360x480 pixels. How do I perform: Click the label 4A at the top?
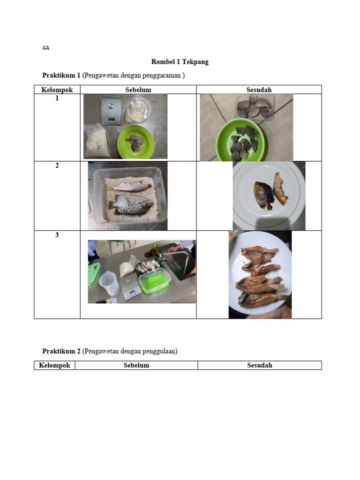click(45, 48)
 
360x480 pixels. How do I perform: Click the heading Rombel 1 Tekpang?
click(180, 62)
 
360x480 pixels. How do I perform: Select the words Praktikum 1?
click(61, 75)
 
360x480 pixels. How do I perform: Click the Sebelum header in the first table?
click(138, 90)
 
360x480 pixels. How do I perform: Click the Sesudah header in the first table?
click(259, 90)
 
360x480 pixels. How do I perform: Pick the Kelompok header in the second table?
click(54, 365)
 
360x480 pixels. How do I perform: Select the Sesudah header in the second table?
click(260, 365)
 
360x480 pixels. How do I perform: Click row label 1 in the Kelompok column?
click(57, 98)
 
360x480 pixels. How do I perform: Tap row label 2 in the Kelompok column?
click(57, 165)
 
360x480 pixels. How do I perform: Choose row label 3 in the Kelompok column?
click(57, 235)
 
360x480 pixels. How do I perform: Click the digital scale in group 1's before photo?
click(111, 112)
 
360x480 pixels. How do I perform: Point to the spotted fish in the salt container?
click(131, 204)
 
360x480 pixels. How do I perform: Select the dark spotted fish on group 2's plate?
click(263, 195)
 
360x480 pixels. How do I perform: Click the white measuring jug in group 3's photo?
click(108, 283)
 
